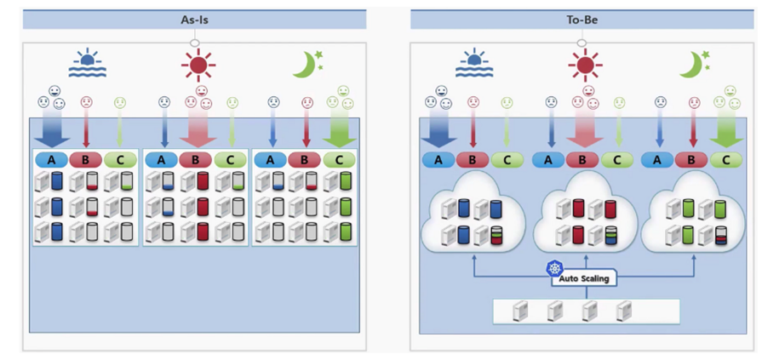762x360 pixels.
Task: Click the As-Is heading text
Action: click(x=195, y=17)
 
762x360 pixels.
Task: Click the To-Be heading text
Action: click(x=582, y=17)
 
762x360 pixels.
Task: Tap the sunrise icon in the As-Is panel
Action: click(x=86, y=65)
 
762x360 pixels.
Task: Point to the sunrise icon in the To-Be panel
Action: click(x=473, y=65)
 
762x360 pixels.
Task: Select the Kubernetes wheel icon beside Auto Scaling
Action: click(x=555, y=268)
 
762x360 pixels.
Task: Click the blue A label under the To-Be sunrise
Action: click(x=438, y=158)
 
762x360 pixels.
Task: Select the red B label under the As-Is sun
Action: click(x=195, y=159)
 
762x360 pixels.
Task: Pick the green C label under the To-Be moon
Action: click(x=726, y=158)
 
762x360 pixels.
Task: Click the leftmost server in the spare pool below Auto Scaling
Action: click(x=520, y=311)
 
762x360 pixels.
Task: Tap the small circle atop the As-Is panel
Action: click(x=195, y=43)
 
